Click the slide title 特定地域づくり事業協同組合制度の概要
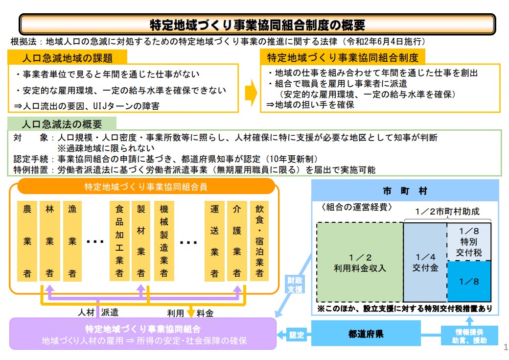257,24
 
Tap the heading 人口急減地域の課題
67,58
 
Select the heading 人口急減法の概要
62,124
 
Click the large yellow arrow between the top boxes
251,93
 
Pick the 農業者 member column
27,241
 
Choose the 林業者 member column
49,241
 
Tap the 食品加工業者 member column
119,241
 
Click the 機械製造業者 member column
164,241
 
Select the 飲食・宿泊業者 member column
259,241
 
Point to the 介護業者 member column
237,241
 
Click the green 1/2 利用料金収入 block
360,262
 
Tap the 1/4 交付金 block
425,262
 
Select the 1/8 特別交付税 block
469,242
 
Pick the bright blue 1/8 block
469,281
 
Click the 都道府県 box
366,334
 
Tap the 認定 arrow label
297,335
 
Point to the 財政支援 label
295,284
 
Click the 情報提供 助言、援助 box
469,336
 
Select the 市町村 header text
405,191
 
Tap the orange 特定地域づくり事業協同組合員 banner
146,187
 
